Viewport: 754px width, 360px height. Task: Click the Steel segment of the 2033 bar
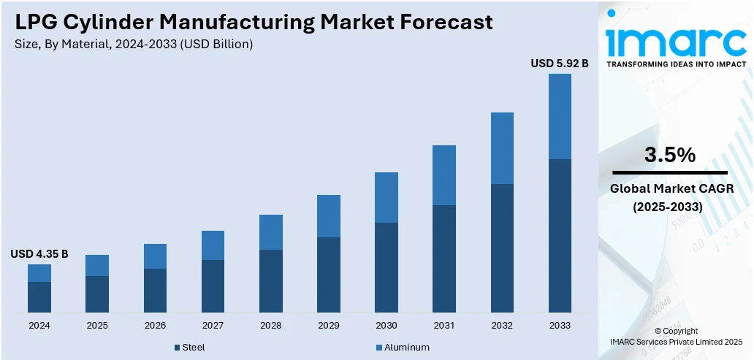pyautogui.click(x=560, y=235)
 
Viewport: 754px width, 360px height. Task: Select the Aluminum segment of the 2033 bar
pyautogui.click(x=560, y=116)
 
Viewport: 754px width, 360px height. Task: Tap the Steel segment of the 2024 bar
pyautogui.click(x=39, y=296)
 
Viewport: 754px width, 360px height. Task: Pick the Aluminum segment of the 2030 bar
pyautogui.click(x=386, y=197)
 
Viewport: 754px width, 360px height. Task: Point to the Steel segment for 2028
pyautogui.click(x=271, y=281)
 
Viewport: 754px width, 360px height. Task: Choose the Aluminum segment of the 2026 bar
pyautogui.click(x=155, y=256)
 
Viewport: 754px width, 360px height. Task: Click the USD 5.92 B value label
pyautogui.click(x=560, y=64)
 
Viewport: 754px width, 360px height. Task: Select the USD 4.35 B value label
pyautogui.click(x=39, y=254)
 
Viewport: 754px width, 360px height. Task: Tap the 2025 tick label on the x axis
pyautogui.click(x=97, y=325)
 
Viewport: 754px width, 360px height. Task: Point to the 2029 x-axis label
pyautogui.click(x=329, y=325)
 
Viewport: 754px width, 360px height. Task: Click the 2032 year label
pyautogui.click(x=502, y=325)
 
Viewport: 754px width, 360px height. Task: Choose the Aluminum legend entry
pyautogui.click(x=403, y=347)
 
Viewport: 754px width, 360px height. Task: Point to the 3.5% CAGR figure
pyautogui.click(x=669, y=155)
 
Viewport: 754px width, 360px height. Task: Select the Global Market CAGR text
pyautogui.click(x=669, y=190)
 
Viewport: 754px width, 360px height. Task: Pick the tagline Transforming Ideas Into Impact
pyautogui.click(x=677, y=64)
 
